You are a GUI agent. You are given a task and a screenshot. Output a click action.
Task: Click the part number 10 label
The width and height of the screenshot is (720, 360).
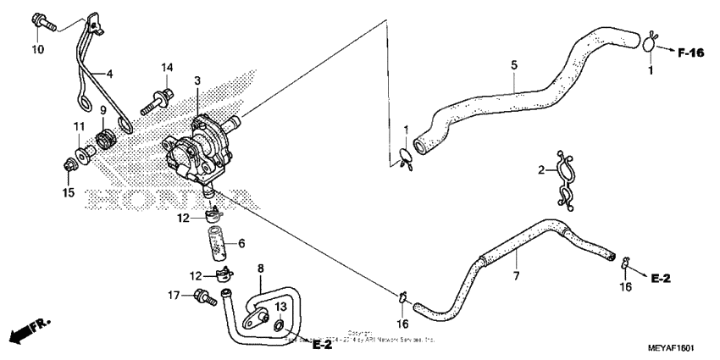tap(37, 49)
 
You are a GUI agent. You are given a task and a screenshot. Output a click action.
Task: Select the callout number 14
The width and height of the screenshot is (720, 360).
tap(168, 68)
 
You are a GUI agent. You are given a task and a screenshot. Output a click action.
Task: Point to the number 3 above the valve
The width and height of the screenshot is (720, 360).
tap(197, 81)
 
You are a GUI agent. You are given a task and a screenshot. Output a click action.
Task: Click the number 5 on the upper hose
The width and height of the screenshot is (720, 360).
tap(513, 64)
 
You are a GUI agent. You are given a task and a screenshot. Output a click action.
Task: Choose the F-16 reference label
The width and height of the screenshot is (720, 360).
tap(691, 53)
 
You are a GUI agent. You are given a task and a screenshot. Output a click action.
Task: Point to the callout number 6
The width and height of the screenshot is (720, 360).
tap(241, 243)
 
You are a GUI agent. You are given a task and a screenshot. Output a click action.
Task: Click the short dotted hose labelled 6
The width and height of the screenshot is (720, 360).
tap(219, 242)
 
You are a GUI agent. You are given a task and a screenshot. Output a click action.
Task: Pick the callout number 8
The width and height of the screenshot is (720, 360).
tap(261, 269)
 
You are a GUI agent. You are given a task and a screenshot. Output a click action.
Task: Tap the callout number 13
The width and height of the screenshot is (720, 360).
tap(282, 307)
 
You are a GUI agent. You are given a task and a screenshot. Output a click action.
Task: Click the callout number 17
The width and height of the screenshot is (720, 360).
tap(173, 296)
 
